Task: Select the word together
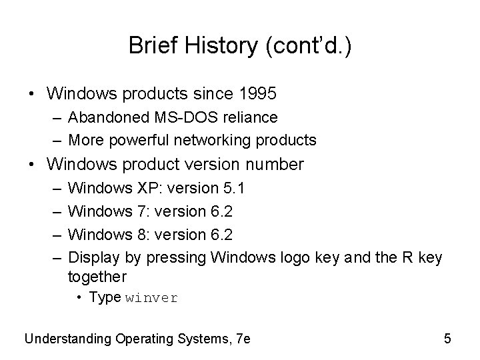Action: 97,276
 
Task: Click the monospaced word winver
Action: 151,298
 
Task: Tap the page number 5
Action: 447,338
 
